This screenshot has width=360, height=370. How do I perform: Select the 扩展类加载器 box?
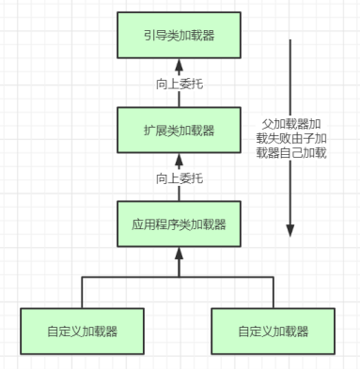(x=179, y=131)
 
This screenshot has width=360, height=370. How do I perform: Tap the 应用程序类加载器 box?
(x=179, y=224)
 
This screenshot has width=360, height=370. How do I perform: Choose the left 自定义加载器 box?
(x=83, y=331)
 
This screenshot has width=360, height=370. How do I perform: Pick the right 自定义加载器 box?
(x=274, y=331)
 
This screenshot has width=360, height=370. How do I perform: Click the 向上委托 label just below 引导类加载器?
(x=179, y=84)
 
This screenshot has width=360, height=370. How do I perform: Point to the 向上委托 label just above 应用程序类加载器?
(x=179, y=177)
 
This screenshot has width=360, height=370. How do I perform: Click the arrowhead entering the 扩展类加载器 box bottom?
(x=179, y=159)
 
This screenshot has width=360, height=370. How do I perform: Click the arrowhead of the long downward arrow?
(x=291, y=231)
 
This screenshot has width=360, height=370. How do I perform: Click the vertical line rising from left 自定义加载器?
(x=83, y=291)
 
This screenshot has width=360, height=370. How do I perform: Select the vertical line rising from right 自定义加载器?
(x=274, y=291)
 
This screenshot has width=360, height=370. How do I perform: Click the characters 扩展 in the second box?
(x=155, y=131)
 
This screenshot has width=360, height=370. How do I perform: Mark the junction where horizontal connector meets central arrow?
(x=179, y=277)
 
